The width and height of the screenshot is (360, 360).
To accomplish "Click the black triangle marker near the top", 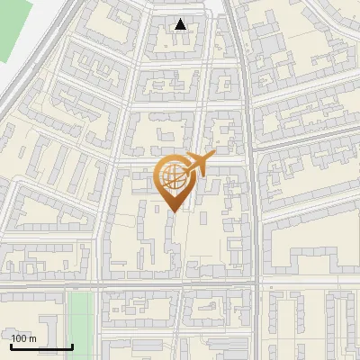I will (x=181, y=24).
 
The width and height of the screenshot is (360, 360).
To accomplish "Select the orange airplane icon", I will (x=201, y=164).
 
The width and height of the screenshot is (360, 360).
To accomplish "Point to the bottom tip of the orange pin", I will (x=173, y=211).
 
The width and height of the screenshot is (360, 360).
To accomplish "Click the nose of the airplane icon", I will (x=214, y=155).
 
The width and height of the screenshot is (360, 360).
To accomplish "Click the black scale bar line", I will (x=40, y=346).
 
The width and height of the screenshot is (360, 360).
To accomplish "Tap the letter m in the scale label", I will (x=33, y=338).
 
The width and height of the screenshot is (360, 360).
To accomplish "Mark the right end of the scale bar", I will (x=72, y=346).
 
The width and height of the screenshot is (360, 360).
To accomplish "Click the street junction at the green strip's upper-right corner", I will (x=97, y=287).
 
